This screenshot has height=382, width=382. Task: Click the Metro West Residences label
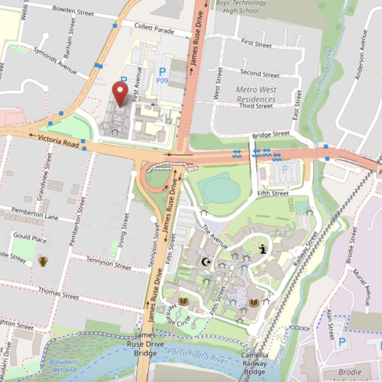click(x=256, y=95)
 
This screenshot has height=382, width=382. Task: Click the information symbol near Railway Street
click(x=263, y=249)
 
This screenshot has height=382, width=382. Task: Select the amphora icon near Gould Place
click(x=42, y=261)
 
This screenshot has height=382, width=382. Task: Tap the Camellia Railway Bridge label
click(x=255, y=363)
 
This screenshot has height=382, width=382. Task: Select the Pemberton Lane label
click(x=34, y=213)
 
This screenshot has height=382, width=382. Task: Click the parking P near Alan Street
click(x=342, y=341)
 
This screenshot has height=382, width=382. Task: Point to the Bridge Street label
click(x=271, y=135)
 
